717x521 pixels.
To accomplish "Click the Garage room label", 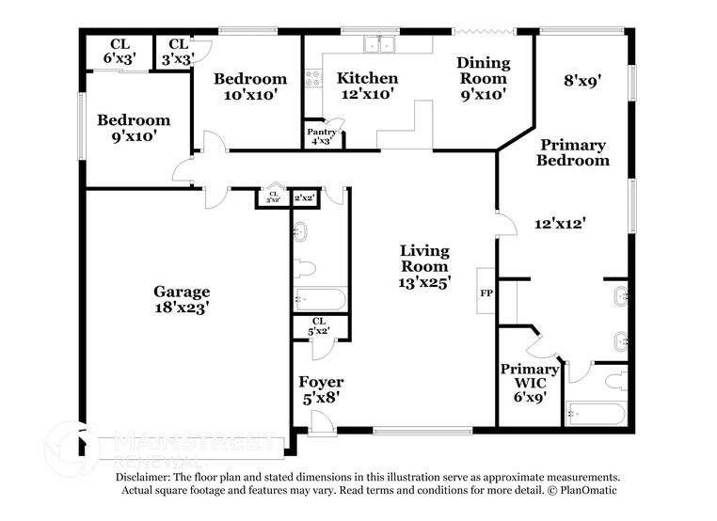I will click(182, 292).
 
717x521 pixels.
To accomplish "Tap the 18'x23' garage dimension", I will click(182, 308).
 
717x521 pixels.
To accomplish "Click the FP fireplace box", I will click(486, 293).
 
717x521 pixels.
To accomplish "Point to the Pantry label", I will click(320, 133).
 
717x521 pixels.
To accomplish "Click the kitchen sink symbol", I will click(380, 43).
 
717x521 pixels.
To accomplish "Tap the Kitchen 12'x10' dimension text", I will click(367, 94).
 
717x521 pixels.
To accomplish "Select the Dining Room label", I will click(484, 71).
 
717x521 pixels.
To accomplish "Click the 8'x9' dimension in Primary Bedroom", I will click(582, 81).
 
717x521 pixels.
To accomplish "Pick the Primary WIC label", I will click(529, 377).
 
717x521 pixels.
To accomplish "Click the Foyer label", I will click(321, 382).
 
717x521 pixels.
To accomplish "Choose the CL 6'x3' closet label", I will click(119, 51).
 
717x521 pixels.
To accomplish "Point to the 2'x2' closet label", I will click(304, 198).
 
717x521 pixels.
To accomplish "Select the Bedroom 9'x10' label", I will click(134, 128).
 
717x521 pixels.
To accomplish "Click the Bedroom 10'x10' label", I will click(249, 87).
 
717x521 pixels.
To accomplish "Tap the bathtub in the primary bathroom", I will click(597, 414).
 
